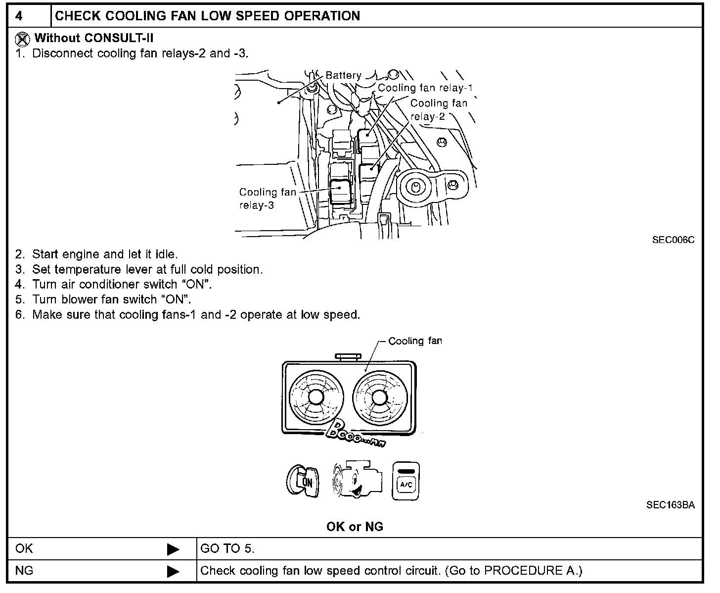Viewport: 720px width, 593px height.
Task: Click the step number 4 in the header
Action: pos(19,16)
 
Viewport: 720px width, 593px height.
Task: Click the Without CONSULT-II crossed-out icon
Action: pos(22,39)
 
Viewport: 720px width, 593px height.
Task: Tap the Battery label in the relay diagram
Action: pos(343,75)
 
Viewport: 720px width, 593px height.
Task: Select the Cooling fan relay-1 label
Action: pos(425,88)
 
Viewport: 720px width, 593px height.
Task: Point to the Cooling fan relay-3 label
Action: pos(267,198)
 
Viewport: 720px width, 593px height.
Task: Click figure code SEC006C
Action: pos(673,240)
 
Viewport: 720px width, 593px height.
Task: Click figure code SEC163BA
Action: pos(670,505)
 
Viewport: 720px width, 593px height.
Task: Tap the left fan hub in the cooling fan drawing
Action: pos(315,397)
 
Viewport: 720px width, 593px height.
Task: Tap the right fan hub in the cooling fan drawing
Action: pos(379,397)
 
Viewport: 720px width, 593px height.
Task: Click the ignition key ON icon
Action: pos(303,481)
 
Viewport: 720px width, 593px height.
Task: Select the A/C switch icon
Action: pos(405,481)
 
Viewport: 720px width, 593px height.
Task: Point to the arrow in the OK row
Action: pos(173,549)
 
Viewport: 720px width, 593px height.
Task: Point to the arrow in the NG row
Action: pos(173,572)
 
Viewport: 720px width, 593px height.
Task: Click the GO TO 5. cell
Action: pos(227,548)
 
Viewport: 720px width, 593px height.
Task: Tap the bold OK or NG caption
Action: pos(355,527)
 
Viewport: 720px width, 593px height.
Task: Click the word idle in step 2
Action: pos(166,254)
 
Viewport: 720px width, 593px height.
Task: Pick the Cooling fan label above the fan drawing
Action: pos(415,341)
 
